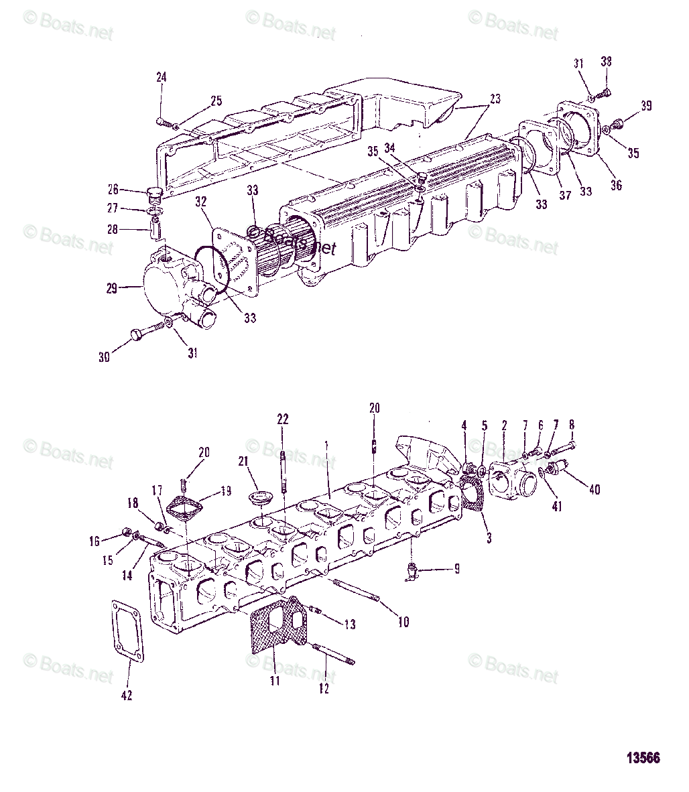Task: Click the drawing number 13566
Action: click(643, 758)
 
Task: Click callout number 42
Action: click(126, 695)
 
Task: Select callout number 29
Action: click(111, 289)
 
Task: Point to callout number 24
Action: click(161, 78)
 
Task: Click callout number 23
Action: click(495, 98)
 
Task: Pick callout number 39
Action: click(645, 106)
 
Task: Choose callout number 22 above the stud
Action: click(283, 419)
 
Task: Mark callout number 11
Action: click(274, 681)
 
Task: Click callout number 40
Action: click(594, 489)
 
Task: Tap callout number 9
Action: click(456, 569)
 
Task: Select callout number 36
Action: click(616, 184)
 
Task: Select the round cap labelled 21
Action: click(259, 497)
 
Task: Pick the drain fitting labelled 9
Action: click(412, 571)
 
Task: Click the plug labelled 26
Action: click(155, 194)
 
